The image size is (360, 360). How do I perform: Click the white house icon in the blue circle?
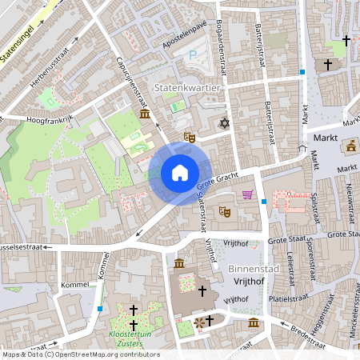pyautogui.click(x=180, y=172)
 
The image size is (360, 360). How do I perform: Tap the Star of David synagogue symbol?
pyautogui.click(x=224, y=123)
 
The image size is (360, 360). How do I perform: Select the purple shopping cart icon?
pyautogui.click(x=248, y=194)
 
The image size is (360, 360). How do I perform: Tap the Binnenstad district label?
pyautogui.click(x=253, y=269)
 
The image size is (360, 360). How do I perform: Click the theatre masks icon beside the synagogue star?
pyautogui.click(x=190, y=137)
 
